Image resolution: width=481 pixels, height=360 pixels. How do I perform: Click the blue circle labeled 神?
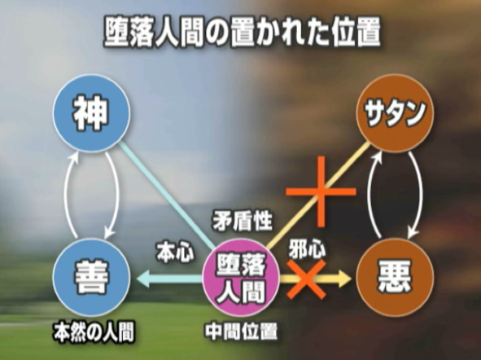(91, 113)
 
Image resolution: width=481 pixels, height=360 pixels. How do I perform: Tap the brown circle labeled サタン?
(396, 113)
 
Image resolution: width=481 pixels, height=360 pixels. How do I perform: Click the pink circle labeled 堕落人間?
(242, 279)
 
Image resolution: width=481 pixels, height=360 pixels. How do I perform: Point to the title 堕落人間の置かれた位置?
(243, 33)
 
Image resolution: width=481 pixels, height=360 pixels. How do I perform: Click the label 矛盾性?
(243, 221)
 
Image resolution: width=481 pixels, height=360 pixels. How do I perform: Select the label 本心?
(175, 252)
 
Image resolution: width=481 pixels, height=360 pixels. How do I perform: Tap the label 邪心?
(307, 248)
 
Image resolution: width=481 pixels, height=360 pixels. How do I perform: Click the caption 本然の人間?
(94, 332)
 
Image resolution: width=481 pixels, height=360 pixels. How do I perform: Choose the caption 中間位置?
(242, 331)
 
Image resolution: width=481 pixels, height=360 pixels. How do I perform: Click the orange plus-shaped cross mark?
(321, 192)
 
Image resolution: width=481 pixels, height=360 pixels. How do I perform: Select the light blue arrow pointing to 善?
(168, 279)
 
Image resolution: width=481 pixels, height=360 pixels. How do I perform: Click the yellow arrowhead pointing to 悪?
(344, 279)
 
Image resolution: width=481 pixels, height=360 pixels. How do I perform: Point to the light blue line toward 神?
(167, 195)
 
